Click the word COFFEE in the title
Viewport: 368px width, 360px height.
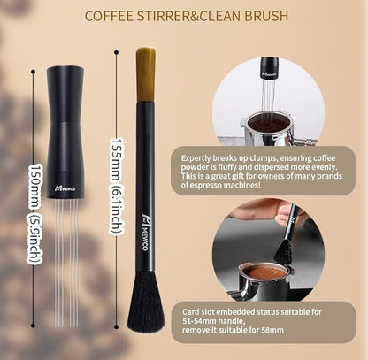click(132, 15)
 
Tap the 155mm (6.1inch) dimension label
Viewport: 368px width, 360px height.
click(115, 184)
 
